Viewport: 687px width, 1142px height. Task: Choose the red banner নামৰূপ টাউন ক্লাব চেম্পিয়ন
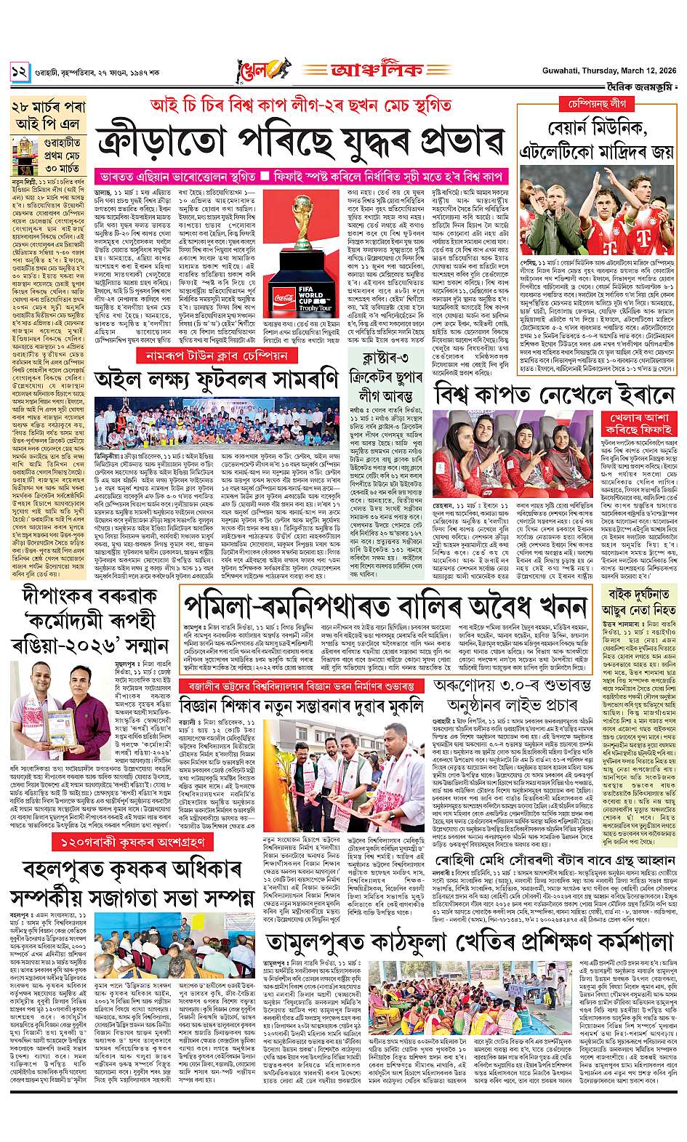click(217, 356)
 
